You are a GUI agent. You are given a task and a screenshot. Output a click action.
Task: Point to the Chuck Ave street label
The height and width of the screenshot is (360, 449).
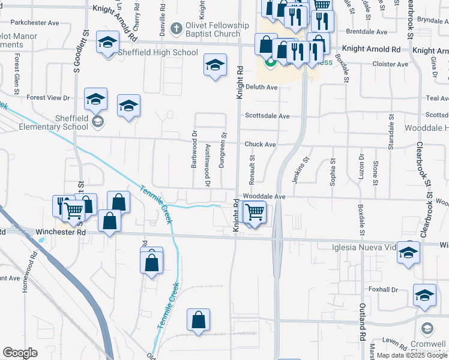pos(260,145)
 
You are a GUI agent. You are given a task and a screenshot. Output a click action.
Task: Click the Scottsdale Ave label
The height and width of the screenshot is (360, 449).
pos(267,116)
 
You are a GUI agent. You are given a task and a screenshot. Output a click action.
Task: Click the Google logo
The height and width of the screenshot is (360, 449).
pos(20,352)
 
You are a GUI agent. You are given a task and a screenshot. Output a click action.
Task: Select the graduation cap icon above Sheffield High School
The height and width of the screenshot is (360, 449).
pos(108,43)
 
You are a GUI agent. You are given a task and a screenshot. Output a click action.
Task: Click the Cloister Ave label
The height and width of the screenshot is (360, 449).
pos(390,64)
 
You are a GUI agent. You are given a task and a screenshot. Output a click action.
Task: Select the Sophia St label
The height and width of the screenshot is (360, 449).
pos(332,173)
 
